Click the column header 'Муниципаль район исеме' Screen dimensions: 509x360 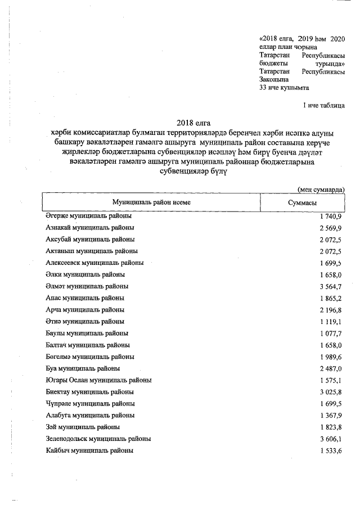(151, 202)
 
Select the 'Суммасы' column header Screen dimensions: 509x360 (301, 202)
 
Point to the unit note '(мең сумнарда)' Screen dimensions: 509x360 (321, 190)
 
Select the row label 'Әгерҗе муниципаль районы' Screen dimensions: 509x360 (88, 217)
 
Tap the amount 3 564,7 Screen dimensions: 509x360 (330, 286)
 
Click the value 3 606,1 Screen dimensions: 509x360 (330, 439)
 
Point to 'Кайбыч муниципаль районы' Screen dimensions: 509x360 (89, 451)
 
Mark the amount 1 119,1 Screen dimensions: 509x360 (330, 322)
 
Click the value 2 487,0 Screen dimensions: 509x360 (330, 368)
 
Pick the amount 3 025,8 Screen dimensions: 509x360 (330, 392)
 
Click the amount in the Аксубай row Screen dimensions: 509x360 (330, 240)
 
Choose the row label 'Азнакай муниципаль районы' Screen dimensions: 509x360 (89, 228)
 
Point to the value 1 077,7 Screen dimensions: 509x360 (330, 334)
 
